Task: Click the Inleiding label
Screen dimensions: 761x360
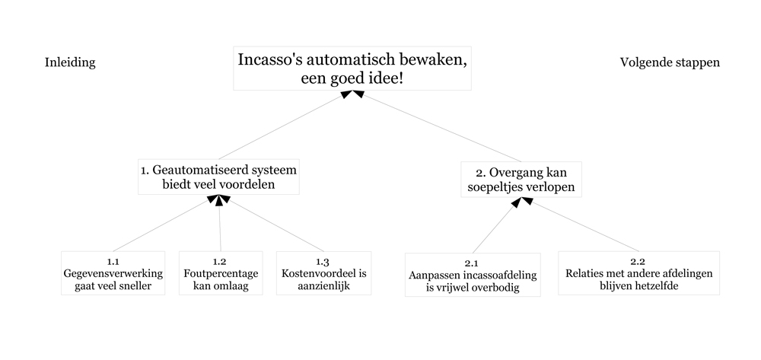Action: [x=70, y=62]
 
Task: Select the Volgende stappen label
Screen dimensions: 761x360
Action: [x=670, y=62]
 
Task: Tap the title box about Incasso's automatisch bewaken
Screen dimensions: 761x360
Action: [x=352, y=68]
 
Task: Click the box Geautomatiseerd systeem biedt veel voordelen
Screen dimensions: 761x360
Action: [x=218, y=177]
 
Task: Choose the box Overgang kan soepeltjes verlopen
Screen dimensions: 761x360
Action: [x=521, y=180]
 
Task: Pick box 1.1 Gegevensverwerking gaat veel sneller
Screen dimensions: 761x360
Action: [x=113, y=273]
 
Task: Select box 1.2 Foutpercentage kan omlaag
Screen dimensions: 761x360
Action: [x=221, y=273]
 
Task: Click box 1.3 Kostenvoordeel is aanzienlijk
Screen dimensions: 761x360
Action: [x=323, y=273]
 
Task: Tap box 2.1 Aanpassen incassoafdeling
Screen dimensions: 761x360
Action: [x=473, y=275]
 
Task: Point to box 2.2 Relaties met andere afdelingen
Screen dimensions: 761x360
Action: [x=638, y=273]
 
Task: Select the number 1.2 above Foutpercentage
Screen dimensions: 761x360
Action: [x=220, y=262]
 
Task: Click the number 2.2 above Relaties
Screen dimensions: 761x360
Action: [x=638, y=262]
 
